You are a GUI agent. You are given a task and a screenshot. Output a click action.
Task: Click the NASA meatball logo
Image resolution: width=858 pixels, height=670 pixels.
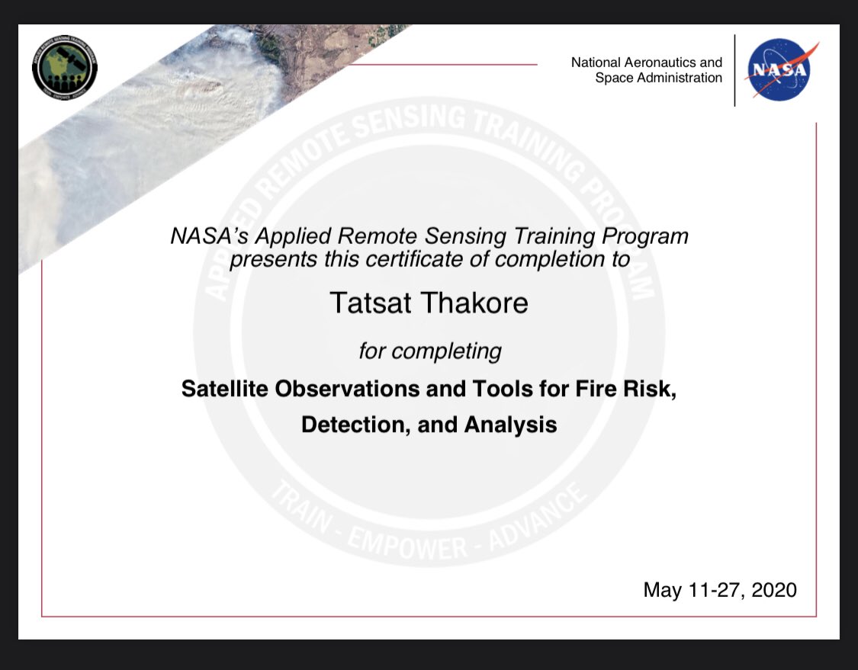[x=779, y=70]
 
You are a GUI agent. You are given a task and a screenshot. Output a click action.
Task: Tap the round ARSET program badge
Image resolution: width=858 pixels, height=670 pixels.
[x=65, y=68]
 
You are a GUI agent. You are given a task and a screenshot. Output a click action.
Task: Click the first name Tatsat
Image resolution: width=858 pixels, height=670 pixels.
[x=373, y=303]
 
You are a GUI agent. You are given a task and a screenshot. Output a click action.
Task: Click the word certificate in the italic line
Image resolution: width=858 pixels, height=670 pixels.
[x=407, y=259]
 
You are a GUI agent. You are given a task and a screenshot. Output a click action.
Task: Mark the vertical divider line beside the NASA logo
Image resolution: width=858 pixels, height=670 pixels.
[x=734, y=70]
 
